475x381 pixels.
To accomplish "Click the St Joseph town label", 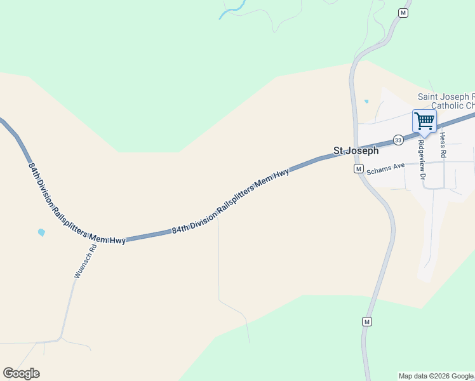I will point(356,151).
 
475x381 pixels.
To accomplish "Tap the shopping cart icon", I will point(424,121).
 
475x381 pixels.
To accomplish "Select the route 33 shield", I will point(398,140).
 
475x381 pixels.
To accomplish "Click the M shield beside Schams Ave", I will point(358,169).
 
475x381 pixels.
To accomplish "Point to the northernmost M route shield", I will point(403,13).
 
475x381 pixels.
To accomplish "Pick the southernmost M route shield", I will point(366,322).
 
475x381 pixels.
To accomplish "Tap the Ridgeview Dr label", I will point(420,159).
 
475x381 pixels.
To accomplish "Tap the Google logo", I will point(21,373).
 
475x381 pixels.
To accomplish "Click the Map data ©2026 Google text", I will point(436,376).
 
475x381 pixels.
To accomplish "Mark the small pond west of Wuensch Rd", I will point(41,232).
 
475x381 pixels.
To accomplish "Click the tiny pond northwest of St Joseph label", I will point(366,101).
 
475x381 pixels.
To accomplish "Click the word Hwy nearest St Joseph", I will point(281,173).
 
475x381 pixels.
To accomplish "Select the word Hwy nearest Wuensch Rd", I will point(116,240).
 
